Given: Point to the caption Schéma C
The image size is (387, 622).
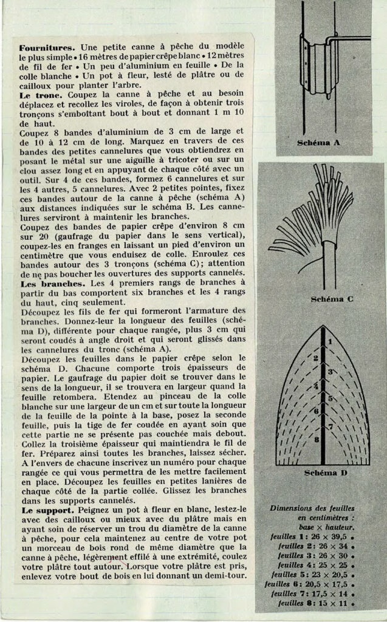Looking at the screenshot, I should [332, 299].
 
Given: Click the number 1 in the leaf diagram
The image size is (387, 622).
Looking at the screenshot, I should [330, 342].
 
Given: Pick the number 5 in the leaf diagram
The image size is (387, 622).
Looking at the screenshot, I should [330, 398].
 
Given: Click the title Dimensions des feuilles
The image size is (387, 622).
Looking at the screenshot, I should [315, 507].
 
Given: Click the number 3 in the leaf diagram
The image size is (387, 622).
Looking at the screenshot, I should [330, 371].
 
